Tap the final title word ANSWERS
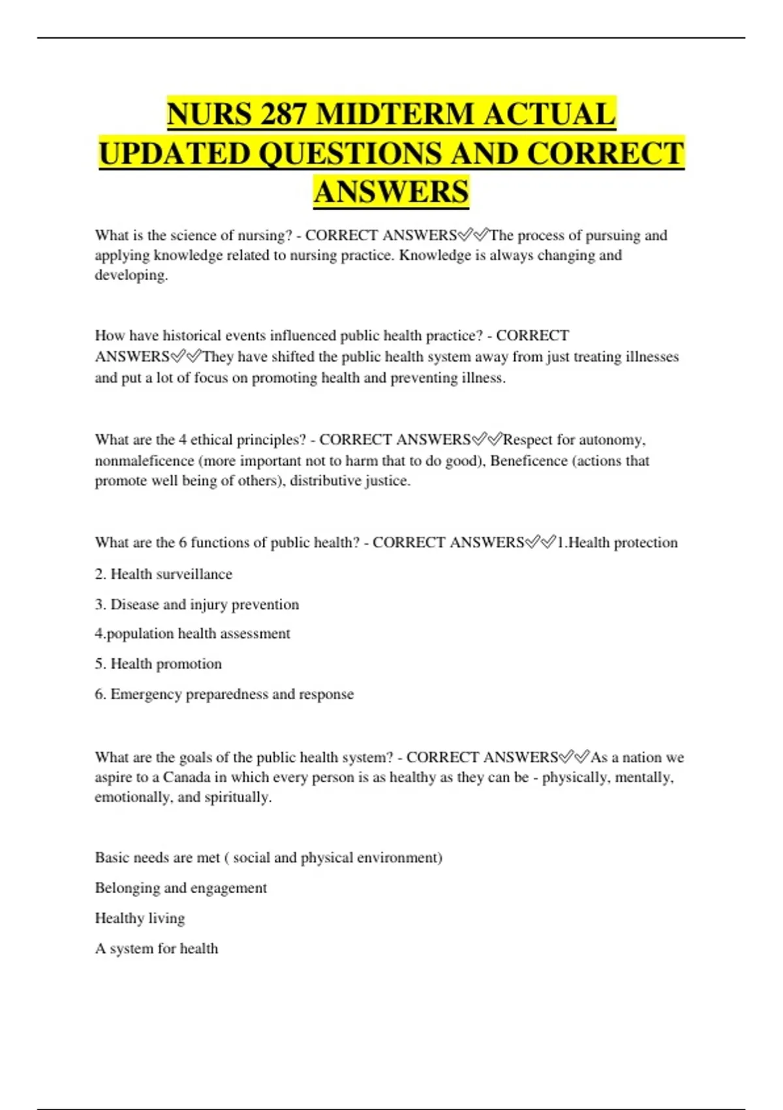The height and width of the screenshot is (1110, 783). [x=391, y=192]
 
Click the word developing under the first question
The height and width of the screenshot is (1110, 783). [x=130, y=275]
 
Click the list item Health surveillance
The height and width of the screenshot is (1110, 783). [x=163, y=574]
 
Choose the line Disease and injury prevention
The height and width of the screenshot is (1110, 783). [x=196, y=605]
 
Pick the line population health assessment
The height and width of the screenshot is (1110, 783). [x=192, y=633]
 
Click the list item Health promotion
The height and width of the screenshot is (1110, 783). [x=158, y=664]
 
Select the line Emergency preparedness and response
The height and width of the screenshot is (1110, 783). [x=224, y=694]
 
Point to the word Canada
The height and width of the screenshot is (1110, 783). [x=186, y=778]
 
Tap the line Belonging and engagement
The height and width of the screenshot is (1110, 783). [x=181, y=888]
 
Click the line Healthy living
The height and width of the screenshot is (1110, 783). [x=140, y=918]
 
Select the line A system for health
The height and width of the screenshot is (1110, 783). [x=157, y=949]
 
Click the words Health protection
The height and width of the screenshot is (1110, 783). [x=622, y=543]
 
